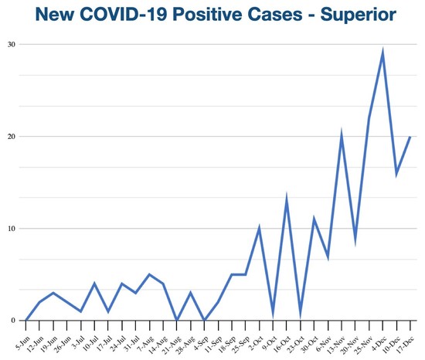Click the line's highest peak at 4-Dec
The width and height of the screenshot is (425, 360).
(x=382, y=53)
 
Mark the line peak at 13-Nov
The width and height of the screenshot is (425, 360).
(x=342, y=136)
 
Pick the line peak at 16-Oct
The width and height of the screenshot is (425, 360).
(x=287, y=200)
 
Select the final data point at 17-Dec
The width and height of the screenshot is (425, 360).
(x=410, y=136)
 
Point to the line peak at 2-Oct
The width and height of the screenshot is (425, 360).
(x=259, y=229)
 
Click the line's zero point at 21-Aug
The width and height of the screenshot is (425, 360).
(x=177, y=320)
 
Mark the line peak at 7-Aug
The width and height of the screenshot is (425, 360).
(x=150, y=274)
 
